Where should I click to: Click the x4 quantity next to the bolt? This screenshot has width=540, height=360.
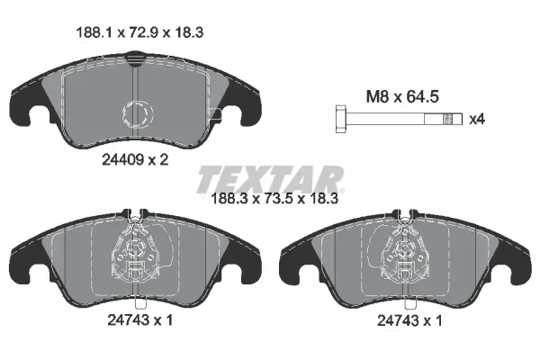click(480, 117)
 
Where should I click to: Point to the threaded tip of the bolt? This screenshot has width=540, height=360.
click(457, 117)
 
